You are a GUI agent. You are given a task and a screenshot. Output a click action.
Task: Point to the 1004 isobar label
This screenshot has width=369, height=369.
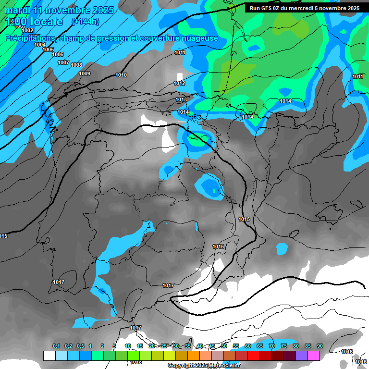40,45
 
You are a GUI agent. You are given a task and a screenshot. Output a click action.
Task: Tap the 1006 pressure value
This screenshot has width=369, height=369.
58,54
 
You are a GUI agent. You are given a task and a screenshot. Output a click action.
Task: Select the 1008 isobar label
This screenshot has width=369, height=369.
76,65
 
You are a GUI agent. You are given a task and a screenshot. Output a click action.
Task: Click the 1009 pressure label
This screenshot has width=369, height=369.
85,74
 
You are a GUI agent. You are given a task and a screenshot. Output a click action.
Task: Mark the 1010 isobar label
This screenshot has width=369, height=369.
121,75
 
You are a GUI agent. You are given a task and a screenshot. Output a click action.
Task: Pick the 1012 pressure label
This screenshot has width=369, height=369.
179,83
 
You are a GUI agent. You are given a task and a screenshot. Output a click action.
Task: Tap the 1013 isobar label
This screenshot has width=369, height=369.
181,99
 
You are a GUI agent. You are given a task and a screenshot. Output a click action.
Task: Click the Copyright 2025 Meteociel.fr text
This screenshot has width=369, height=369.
204,366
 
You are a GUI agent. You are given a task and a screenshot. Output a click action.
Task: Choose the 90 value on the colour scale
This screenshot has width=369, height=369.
320,346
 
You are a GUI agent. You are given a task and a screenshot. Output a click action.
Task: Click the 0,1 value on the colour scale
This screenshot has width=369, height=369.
56,346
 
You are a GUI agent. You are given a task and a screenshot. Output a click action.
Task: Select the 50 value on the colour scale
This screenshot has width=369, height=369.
224,346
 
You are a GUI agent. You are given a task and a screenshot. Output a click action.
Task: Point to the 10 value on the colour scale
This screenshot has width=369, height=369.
128,346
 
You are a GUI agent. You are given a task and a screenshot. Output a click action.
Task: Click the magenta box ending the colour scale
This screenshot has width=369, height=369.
313,356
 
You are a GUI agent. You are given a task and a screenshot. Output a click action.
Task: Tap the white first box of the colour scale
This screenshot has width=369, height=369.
49,356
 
